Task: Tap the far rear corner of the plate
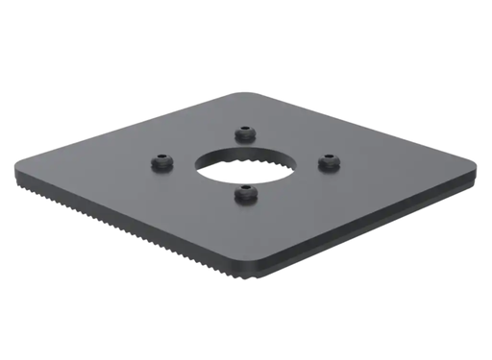pos(240,93)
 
